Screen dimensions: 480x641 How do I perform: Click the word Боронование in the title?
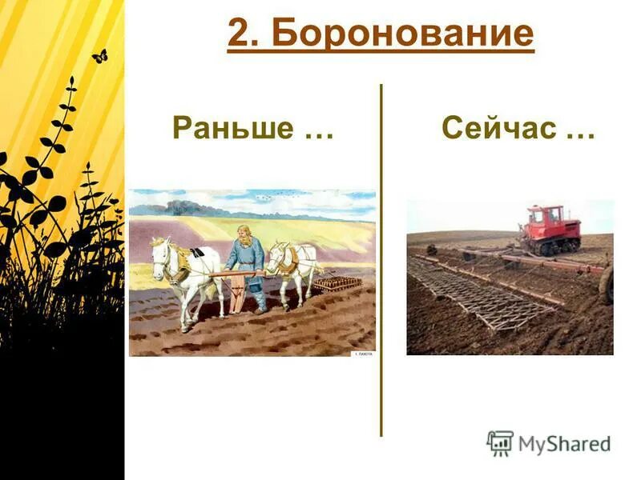click(x=401, y=34)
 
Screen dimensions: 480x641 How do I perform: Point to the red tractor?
click(x=552, y=230)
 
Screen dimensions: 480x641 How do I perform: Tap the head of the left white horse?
click(x=160, y=254)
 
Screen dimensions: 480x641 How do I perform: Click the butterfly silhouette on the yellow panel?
click(x=99, y=56)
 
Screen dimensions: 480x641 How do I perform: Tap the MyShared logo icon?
click(x=500, y=443)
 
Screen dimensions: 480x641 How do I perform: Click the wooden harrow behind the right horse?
click(x=337, y=283)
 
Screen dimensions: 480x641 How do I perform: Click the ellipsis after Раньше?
click(x=319, y=133)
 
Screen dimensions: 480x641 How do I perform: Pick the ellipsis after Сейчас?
click(x=580, y=133)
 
